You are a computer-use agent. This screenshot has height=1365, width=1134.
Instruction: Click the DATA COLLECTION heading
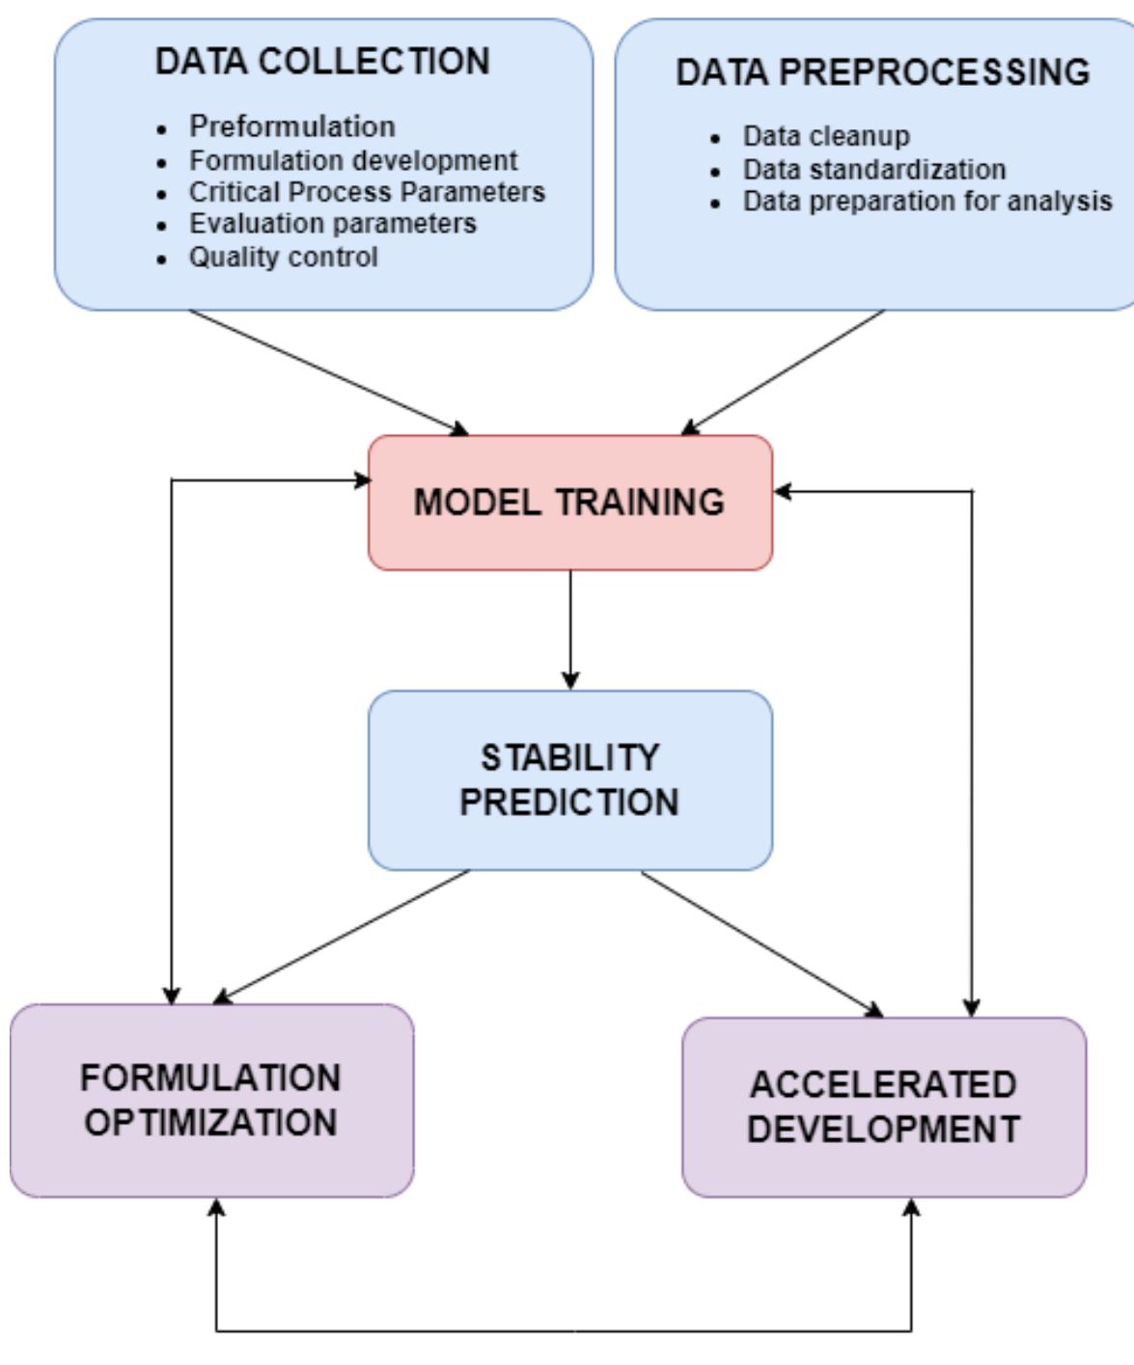(322, 62)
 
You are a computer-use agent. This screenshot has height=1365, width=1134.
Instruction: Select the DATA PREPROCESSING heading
(882, 72)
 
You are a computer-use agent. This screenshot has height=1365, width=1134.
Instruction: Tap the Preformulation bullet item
(291, 126)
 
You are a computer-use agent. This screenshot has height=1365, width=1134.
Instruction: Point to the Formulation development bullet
(353, 159)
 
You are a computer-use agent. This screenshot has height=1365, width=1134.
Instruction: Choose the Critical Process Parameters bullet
(367, 192)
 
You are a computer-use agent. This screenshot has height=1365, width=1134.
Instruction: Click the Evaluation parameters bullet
(332, 224)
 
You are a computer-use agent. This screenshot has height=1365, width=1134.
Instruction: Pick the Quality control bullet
(283, 258)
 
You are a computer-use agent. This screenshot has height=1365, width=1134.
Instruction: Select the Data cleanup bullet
(825, 136)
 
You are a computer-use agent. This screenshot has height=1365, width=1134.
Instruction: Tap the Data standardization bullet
(873, 169)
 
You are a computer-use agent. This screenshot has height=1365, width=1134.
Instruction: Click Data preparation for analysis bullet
(927, 202)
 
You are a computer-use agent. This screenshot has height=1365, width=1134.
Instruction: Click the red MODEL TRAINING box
(569, 503)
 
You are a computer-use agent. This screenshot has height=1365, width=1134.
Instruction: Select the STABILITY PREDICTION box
(569, 779)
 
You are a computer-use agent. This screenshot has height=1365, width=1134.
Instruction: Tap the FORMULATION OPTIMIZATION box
(210, 1100)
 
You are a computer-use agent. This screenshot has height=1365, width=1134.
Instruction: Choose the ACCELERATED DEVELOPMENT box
(883, 1106)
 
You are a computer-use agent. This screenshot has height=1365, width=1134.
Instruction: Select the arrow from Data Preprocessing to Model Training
(784, 372)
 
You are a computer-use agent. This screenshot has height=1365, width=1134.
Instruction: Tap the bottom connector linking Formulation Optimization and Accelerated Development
(565, 1332)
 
